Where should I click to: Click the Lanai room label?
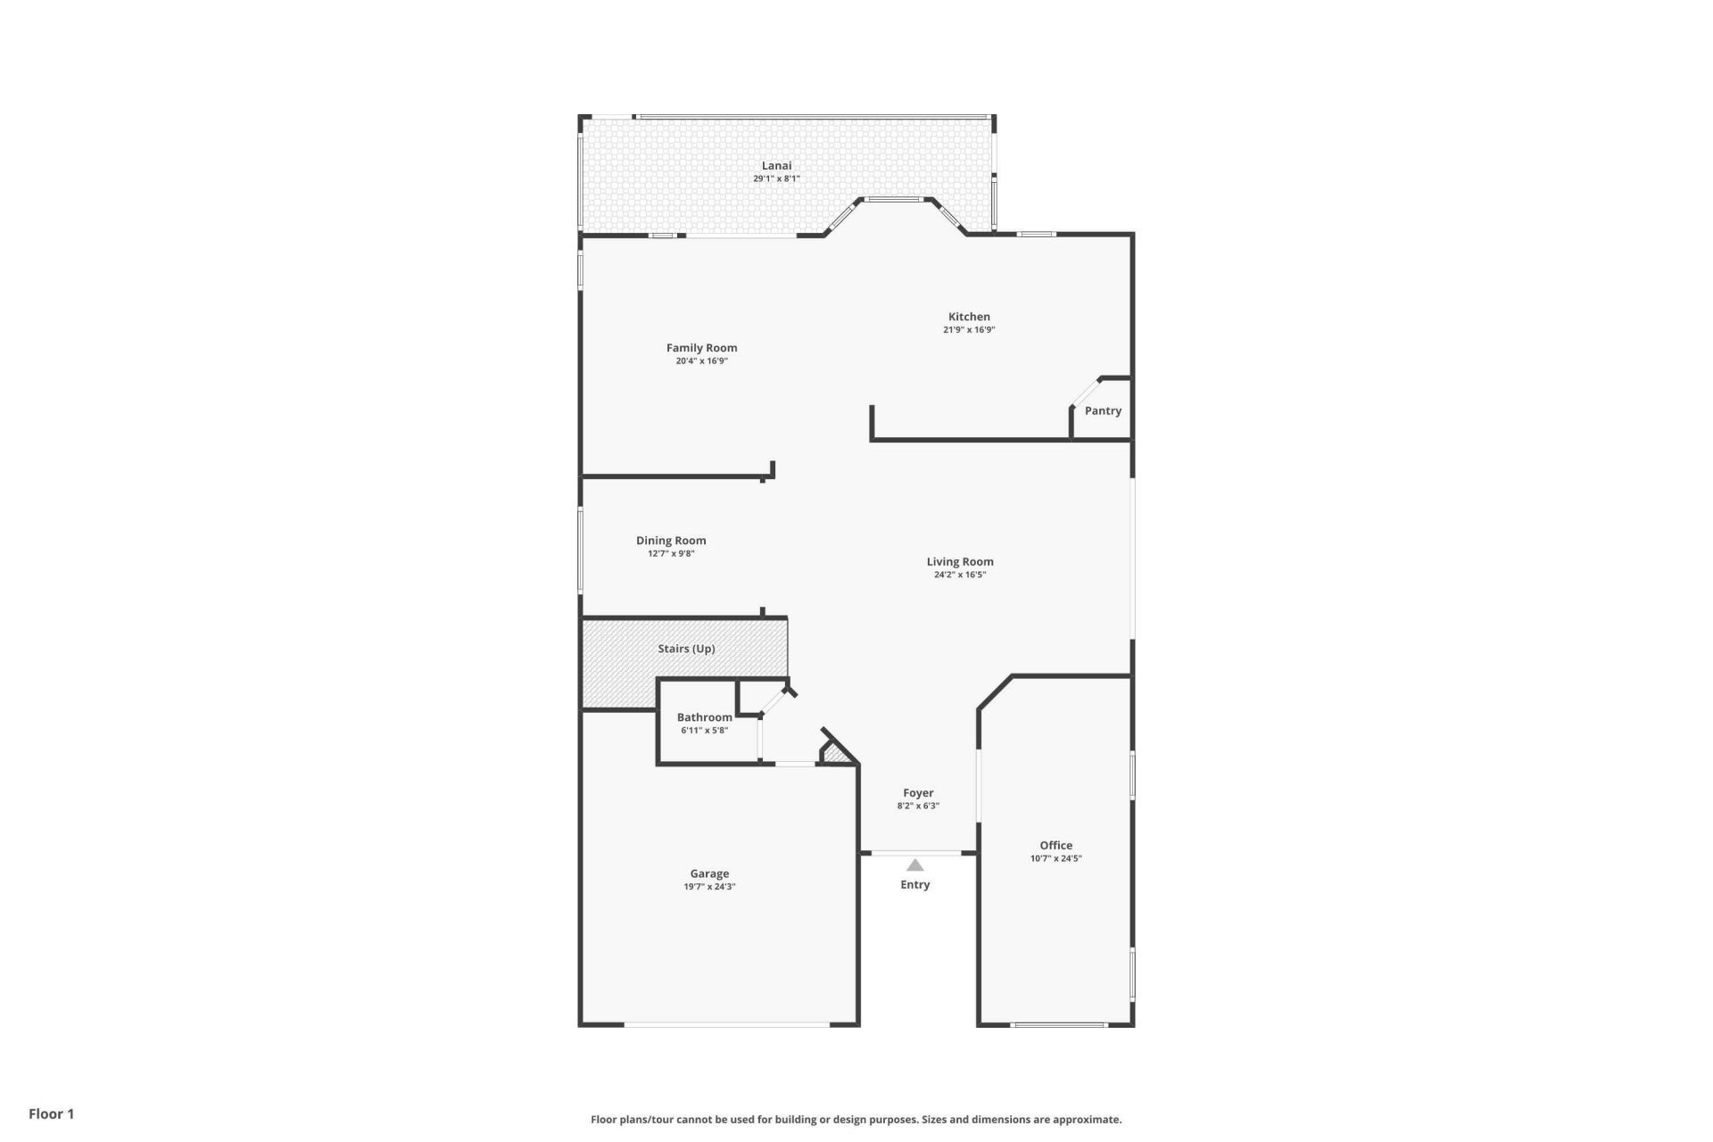[776, 165]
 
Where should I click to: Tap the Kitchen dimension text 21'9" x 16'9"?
[969, 330]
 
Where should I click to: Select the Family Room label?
[701, 348]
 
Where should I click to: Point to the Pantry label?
[1103, 411]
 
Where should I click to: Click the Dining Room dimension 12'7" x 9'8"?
[671, 554]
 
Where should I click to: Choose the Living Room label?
[960, 561]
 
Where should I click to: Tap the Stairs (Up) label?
[686, 649]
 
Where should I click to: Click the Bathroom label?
[704, 717]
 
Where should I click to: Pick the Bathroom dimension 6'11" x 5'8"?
[704, 731]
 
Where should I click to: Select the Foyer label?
[918, 792]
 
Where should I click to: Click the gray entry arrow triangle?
[914, 865]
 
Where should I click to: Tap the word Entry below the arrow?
[914, 885]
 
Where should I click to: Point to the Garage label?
[709, 873]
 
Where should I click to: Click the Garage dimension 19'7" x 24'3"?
[709, 887]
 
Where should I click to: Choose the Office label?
[1055, 845]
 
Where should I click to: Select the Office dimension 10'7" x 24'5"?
[1055, 859]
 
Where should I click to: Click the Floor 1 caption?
[51, 1113]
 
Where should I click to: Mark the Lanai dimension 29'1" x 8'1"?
[776, 178]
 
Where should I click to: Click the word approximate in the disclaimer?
[1091, 1120]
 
